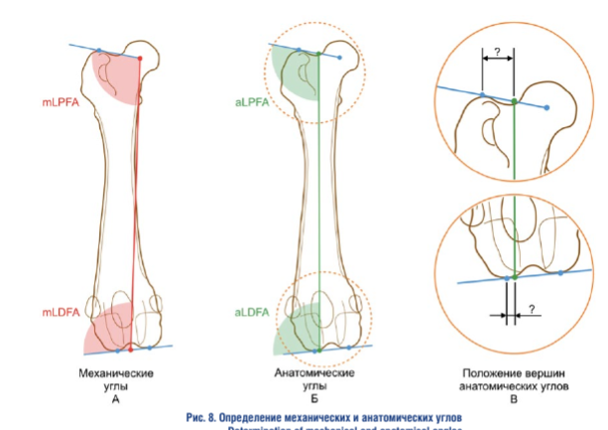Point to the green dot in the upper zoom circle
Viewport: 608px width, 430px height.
tap(514, 101)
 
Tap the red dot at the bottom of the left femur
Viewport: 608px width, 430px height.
tap(131, 350)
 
